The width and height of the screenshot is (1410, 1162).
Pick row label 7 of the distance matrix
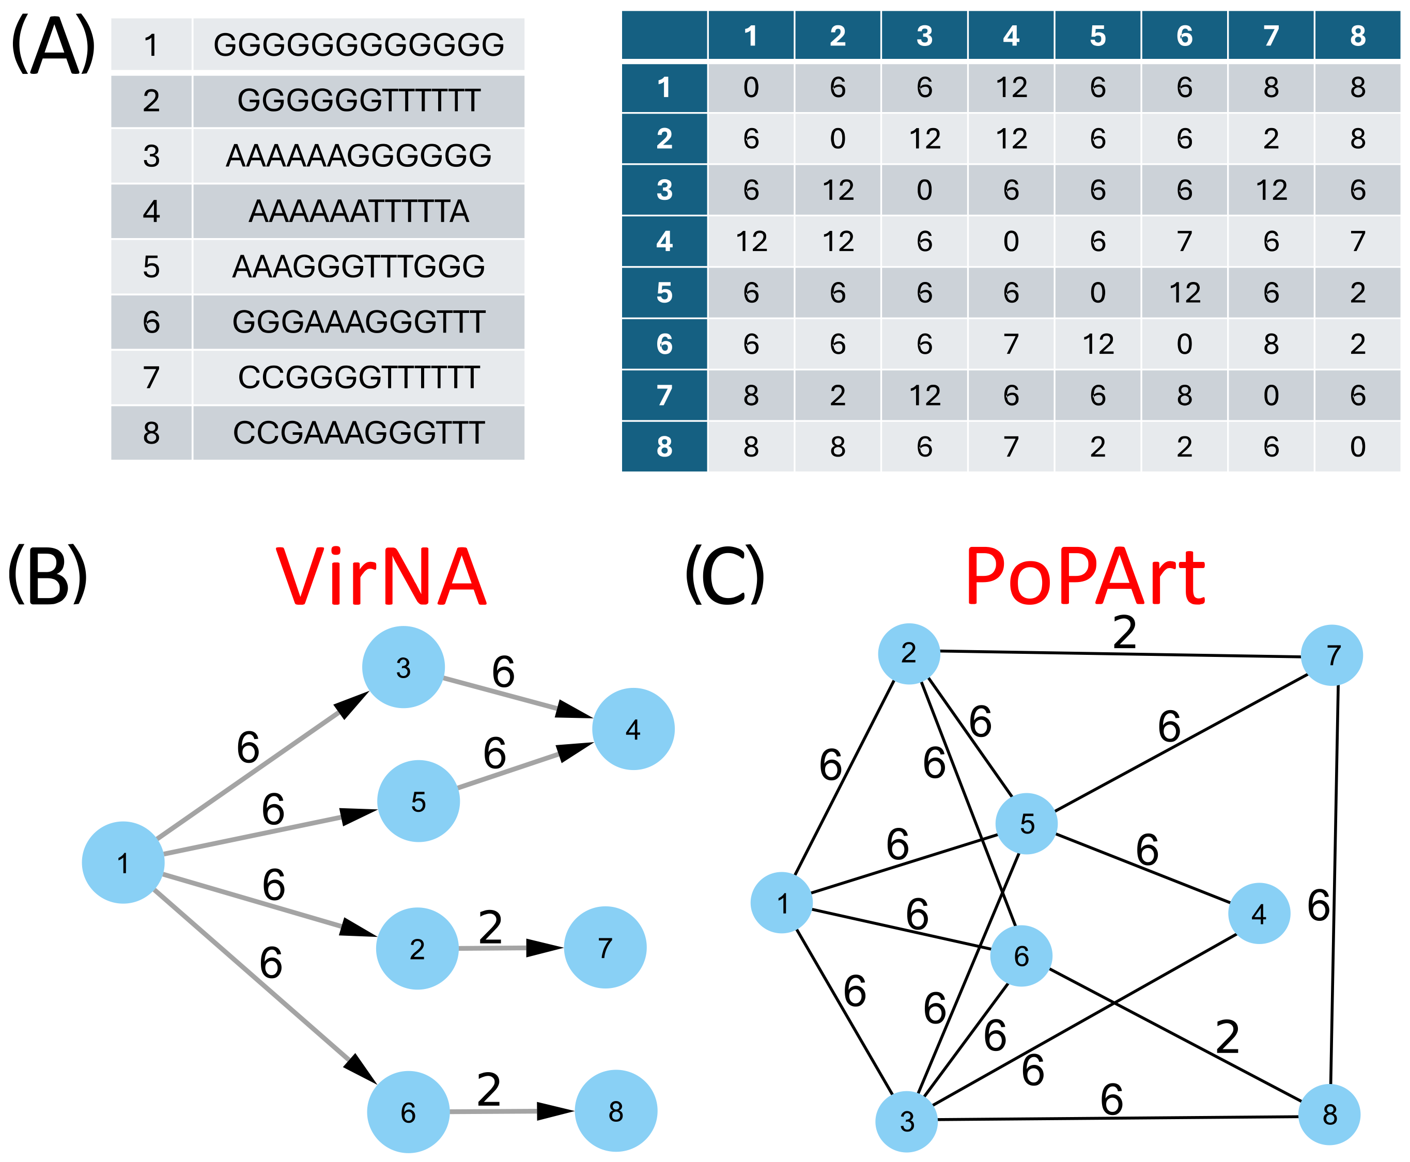click(x=663, y=395)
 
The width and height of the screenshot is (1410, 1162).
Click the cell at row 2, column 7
click(x=1270, y=138)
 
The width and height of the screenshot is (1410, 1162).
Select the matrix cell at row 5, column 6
click(x=1184, y=292)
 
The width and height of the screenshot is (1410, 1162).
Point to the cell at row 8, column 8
click(x=1357, y=446)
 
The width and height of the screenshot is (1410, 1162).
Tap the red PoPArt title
click(x=1084, y=577)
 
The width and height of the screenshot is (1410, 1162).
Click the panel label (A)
click(x=52, y=45)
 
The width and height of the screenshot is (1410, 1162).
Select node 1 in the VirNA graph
click(x=123, y=863)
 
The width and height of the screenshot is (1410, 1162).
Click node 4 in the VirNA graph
click(x=633, y=729)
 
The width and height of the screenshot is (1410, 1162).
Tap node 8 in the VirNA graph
click(x=616, y=1111)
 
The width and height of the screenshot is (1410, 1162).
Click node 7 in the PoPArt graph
click(x=1331, y=655)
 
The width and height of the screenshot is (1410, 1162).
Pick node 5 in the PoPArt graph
click(x=1026, y=823)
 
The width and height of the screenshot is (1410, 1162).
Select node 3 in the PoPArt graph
click(x=907, y=1121)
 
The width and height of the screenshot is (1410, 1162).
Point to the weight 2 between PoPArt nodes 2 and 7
click(x=1124, y=633)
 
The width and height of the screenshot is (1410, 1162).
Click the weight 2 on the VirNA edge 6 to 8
click(x=489, y=1090)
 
